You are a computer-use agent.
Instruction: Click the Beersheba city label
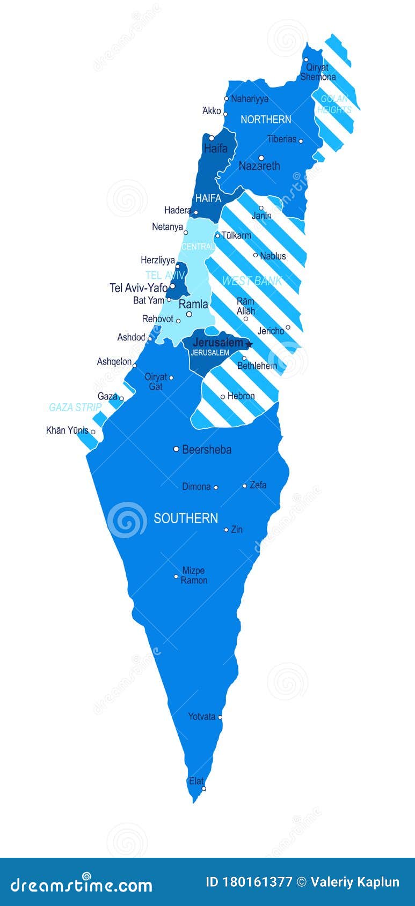[x=207, y=449]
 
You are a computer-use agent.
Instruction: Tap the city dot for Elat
[x=203, y=789]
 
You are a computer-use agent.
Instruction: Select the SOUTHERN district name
[x=186, y=518]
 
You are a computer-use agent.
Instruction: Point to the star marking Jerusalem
[x=249, y=344]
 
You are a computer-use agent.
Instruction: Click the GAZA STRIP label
[x=75, y=407]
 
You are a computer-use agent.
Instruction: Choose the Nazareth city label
[x=259, y=166]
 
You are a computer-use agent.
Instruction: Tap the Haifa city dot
[x=212, y=138]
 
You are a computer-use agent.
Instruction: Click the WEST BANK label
[x=252, y=281]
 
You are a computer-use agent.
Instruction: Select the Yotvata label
[x=201, y=716]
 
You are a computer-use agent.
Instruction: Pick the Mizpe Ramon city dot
[x=176, y=577]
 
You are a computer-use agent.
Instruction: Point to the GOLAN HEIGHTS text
[x=334, y=104]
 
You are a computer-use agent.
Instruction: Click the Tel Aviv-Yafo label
[x=139, y=288]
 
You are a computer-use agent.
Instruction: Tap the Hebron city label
[x=241, y=396]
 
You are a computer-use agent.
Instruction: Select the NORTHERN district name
[x=266, y=120]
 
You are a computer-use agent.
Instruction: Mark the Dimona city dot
[x=216, y=487]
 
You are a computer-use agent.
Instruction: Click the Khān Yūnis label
[x=67, y=430]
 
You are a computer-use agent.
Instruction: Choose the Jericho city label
[x=271, y=331]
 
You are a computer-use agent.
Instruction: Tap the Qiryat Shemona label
[x=318, y=72]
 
